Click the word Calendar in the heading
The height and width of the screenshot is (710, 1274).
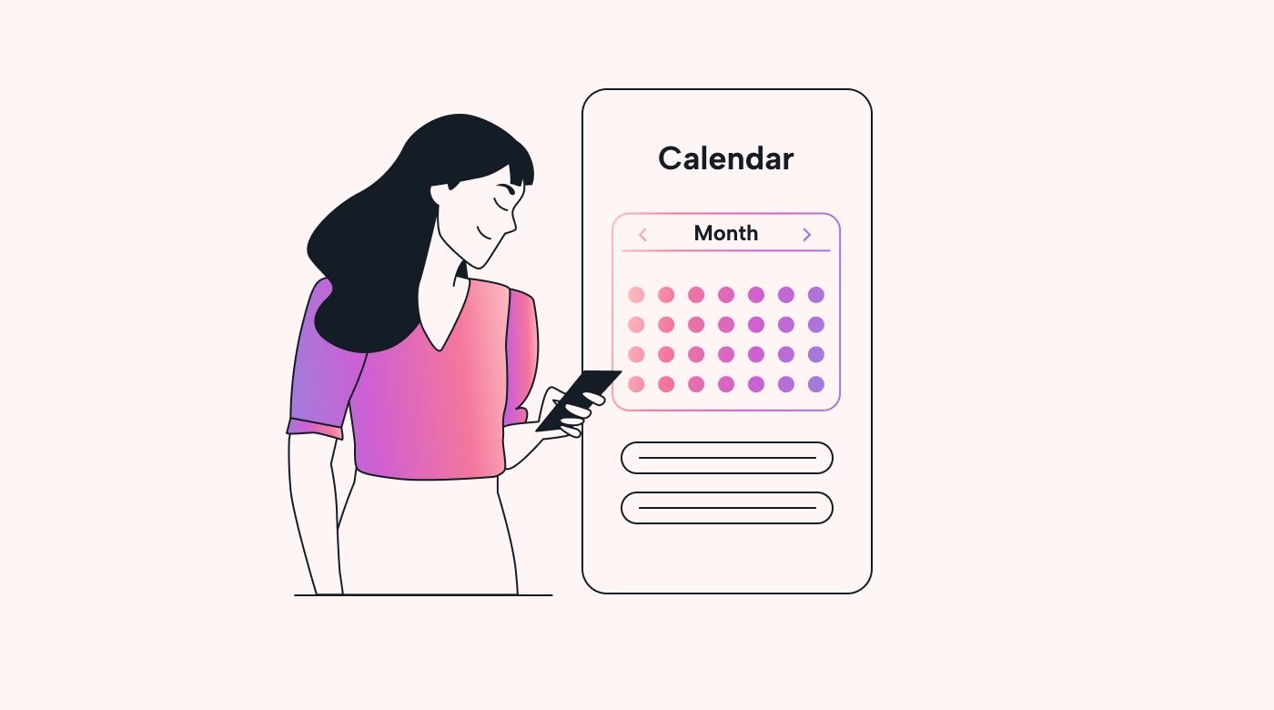click(726, 158)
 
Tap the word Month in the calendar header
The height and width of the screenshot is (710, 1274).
click(726, 233)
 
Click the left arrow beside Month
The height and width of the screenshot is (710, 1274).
click(642, 235)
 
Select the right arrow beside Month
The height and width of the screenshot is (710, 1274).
click(806, 235)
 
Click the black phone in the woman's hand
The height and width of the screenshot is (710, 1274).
click(578, 401)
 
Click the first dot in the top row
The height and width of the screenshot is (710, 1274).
click(636, 295)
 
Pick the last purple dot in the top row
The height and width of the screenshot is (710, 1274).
click(816, 295)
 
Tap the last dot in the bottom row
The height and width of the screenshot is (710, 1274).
click(816, 384)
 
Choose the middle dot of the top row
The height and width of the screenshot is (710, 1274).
click(726, 295)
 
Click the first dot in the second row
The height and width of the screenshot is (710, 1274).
click(636, 325)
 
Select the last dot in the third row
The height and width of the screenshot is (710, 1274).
click(816, 354)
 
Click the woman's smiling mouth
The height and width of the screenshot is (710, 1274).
click(483, 233)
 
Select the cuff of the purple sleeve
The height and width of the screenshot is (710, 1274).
click(315, 429)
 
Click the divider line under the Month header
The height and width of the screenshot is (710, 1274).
click(726, 250)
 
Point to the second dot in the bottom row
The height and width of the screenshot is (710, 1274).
click(666, 384)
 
